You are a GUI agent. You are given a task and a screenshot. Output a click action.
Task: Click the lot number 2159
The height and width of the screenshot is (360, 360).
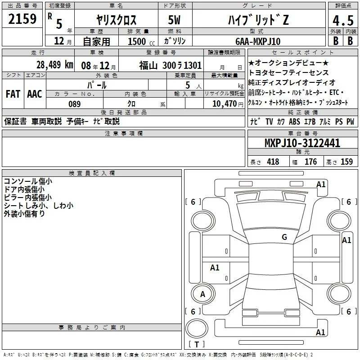pyautogui.click(x=22, y=19)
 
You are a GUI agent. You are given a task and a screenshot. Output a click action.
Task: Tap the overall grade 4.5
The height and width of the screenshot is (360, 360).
pyautogui.click(x=343, y=20)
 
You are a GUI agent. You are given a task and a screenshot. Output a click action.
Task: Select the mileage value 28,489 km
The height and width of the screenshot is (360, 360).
pyautogui.click(x=55, y=65)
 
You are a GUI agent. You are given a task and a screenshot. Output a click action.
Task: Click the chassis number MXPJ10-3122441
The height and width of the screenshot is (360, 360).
pyautogui.click(x=302, y=143)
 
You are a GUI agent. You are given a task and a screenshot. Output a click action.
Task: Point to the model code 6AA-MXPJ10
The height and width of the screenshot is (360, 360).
pyautogui.click(x=258, y=41)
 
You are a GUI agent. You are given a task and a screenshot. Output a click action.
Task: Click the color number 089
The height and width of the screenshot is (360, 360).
pyautogui.click(x=75, y=104)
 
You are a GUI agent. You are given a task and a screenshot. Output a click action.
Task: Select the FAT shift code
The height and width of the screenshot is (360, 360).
pyautogui.click(x=13, y=94)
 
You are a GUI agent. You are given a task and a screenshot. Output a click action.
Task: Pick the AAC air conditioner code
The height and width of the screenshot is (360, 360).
pyautogui.click(x=35, y=94)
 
